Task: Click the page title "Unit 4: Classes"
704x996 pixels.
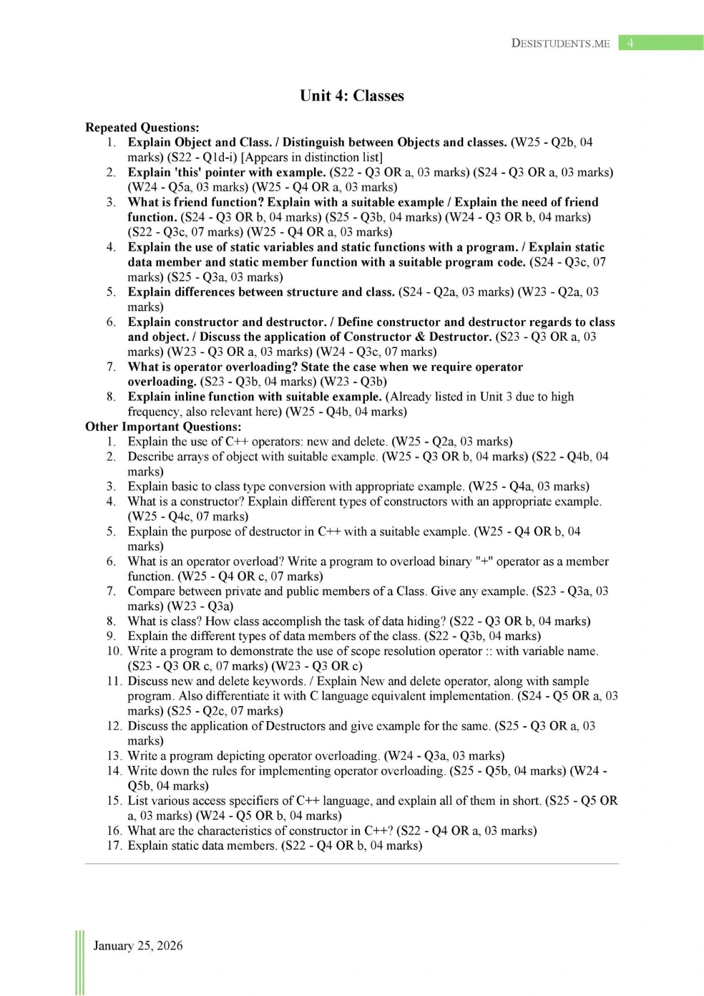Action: click(351, 96)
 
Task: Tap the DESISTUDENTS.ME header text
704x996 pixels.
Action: click(560, 44)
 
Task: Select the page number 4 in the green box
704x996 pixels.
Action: click(630, 43)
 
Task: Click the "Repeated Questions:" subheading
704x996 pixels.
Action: click(142, 127)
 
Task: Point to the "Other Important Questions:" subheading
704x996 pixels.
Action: click(163, 427)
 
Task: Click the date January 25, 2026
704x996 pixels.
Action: click(137, 945)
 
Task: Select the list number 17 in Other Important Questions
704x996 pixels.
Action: click(114, 846)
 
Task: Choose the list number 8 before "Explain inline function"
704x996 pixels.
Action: click(111, 397)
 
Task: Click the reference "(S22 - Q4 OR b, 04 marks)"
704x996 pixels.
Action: click(352, 846)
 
